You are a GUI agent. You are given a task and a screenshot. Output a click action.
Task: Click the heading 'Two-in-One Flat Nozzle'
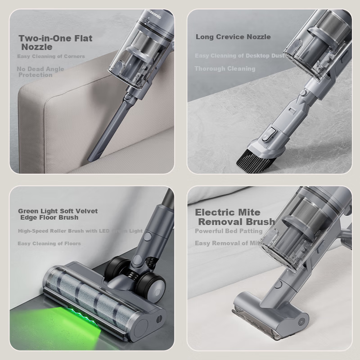coord(55,42)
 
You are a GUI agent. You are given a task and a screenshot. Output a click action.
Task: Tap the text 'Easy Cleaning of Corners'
coord(51,57)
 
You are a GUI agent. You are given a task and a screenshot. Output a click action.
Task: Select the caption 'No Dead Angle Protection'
coord(40,72)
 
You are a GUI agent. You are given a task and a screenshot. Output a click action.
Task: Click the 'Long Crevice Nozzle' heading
coord(233,37)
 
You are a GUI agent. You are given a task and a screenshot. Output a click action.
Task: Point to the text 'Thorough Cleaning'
coord(225,69)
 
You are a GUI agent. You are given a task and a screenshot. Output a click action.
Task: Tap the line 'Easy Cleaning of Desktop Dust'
coord(239,56)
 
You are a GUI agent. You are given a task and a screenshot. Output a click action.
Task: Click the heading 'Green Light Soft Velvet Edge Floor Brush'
coord(58,214)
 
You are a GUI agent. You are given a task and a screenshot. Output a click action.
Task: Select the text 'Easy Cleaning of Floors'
coord(49,243)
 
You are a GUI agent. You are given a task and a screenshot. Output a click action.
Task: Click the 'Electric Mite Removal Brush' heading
coord(234,217)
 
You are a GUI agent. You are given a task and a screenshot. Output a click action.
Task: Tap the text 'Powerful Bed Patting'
coord(229,231)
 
